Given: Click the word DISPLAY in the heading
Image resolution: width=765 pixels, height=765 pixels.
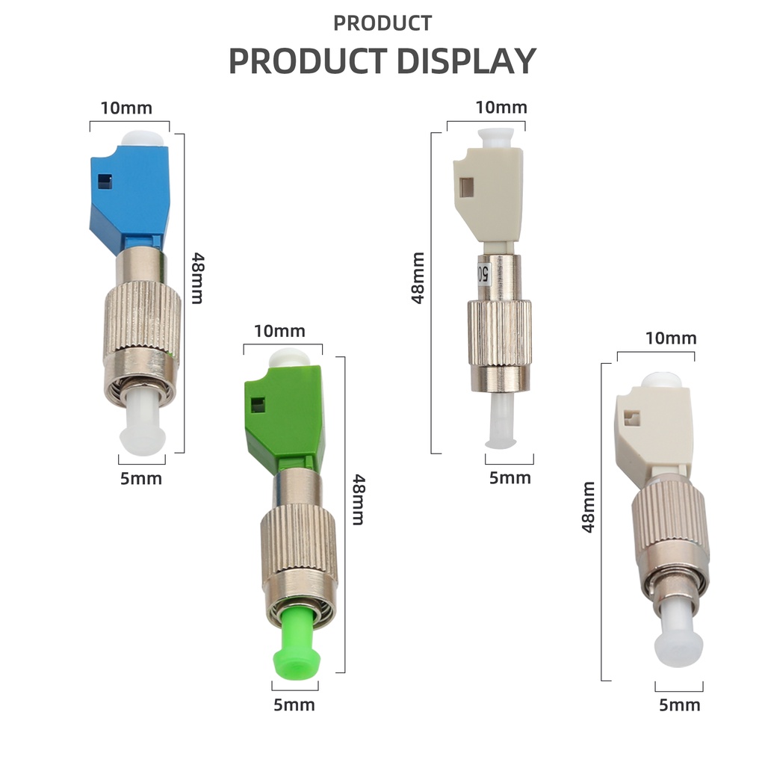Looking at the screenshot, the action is point(467,61).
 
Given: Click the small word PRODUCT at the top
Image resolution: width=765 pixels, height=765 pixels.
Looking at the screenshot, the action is point(382,23).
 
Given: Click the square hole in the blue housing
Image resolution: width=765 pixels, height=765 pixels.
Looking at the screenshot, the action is point(105,181).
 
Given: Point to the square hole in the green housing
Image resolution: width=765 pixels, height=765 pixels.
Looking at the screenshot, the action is point(258,404).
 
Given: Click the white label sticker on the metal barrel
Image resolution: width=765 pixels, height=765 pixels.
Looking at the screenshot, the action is point(483,273).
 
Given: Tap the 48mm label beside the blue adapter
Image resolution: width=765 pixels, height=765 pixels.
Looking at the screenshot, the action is point(197,278).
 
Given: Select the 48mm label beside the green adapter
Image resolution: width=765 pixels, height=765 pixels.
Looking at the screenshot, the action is point(359,499).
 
